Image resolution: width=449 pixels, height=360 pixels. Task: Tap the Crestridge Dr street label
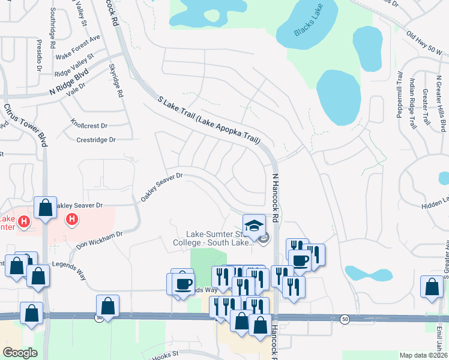coord(95,140)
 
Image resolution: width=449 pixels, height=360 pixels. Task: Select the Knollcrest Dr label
coord(88,126)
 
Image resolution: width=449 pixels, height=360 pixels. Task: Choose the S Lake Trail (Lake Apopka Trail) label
coord(209,120)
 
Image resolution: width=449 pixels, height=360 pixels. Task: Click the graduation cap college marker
coord(254,226)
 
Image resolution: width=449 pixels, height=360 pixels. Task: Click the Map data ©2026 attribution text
coord(423,355)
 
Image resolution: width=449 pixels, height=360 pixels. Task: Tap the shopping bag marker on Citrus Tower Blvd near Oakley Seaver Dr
coord(46,208)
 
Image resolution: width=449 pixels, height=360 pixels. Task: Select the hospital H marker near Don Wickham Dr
coord(71,220)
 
